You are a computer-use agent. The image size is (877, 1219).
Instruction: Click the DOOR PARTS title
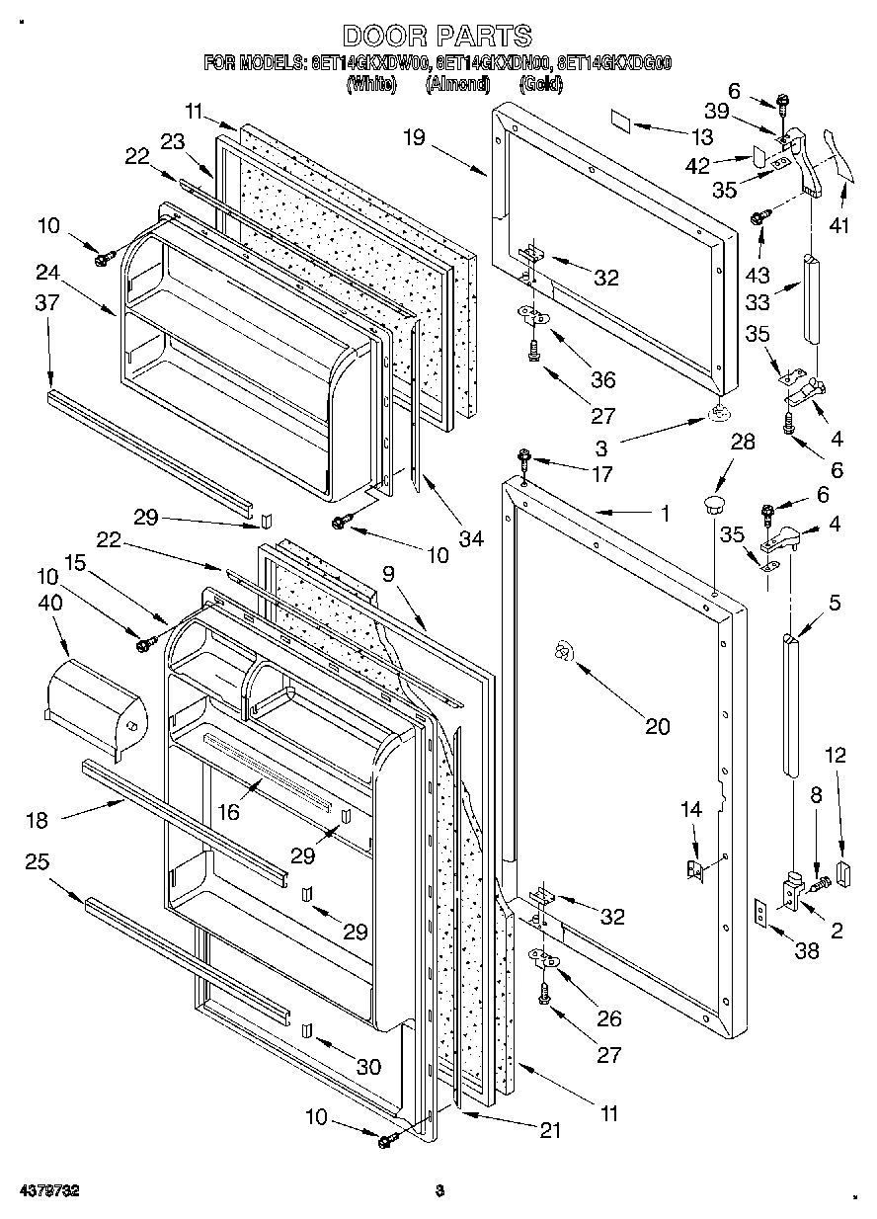(438, 37)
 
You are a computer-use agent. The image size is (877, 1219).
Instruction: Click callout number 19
(413, 137)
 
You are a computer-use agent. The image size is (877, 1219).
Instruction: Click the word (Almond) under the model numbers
(457, 85)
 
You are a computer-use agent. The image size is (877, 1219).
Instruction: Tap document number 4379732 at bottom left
(46, 1190)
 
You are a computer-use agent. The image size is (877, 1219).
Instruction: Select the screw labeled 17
(523, 457)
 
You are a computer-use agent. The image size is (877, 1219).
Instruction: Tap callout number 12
(836, 756)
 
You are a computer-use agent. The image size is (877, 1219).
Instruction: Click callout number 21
(549, 1130)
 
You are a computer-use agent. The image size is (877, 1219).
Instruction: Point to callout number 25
(38, 861)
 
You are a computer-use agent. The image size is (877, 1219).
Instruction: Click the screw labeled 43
(760, 216)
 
